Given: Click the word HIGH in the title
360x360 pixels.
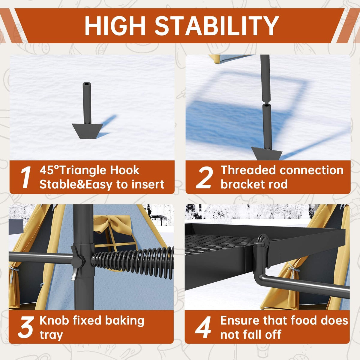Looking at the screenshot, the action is [x=115, y=26].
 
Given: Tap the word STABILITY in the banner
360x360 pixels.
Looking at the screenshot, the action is [x=217, y=26].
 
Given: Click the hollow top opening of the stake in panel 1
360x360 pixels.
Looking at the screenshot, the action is [x=87, y=84].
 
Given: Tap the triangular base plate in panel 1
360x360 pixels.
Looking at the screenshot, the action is [x=87, y=131].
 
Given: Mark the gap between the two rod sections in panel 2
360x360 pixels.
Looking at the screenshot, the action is [x=266, y=103].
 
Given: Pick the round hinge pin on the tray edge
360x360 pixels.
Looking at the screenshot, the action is [x=263, y=240].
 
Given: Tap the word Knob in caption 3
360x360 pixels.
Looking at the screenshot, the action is [x=54, y=320].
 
